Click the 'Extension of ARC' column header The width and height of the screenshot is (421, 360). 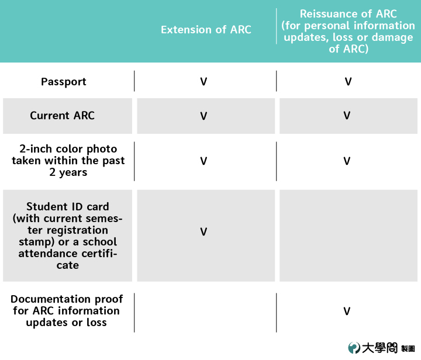(x=206, y=29)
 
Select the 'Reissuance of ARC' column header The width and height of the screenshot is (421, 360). (x=348, y=31)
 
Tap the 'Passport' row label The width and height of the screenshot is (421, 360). (x=64, y=82)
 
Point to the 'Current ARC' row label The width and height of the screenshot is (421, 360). (x=63, y=116)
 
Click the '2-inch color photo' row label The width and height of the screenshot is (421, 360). (x=68, y=160)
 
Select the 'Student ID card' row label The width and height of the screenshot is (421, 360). (x=68, y=236)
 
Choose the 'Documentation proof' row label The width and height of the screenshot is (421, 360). (x=67, y=310)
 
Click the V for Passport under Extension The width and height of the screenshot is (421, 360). (x=204, y=82)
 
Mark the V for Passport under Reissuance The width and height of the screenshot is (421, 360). (x=348, y=82)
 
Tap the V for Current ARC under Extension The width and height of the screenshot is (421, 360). (x=204, y=116)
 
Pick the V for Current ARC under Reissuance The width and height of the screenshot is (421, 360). (x=347, y=116)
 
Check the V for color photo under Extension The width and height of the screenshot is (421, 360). (x=204, y=161)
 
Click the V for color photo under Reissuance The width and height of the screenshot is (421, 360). (x=347, y=161)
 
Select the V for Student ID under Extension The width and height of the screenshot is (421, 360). (x=204, y=232)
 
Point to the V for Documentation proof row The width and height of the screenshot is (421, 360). (x=347, y=311)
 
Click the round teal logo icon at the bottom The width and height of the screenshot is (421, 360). (x=354, y=348)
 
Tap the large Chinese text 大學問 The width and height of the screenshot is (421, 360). (x=379, y=348)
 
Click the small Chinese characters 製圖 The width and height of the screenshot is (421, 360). (x=408, y=349)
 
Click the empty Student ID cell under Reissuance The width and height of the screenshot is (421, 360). (x=348, y=236)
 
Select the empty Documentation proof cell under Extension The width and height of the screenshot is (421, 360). (x=205, y=313)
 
